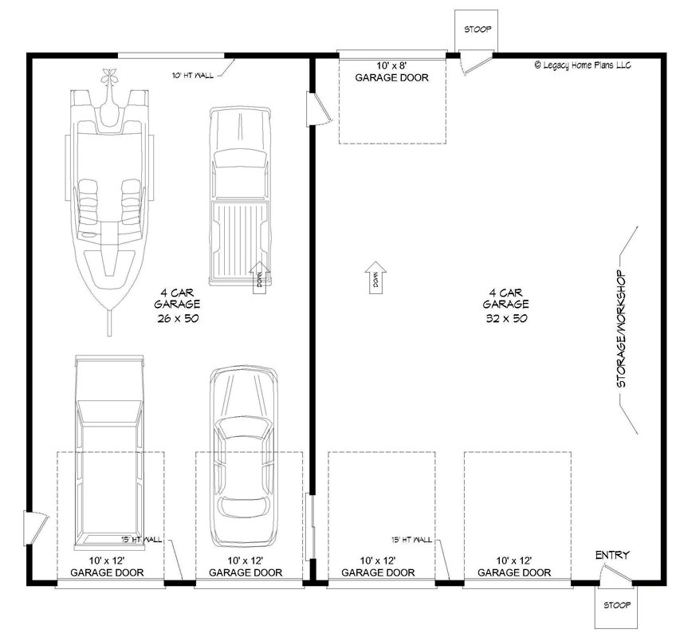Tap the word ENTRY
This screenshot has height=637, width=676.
(x=612, y=555)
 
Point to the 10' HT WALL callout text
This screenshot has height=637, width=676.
(x=192, y=76)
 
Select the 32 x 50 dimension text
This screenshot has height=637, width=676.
(x=505, y=317)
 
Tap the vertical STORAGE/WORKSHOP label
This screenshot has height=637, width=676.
(x=622, y=328)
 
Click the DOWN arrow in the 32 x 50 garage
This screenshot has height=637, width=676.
(x=375, y=279)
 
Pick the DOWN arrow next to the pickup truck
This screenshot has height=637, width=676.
(x=261, y=279)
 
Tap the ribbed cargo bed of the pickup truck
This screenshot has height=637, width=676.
(x=238, y=239)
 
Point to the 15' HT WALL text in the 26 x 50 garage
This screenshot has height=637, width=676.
(x=142, y=540)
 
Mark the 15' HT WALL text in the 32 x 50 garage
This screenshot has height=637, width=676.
(x=412, y=540)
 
